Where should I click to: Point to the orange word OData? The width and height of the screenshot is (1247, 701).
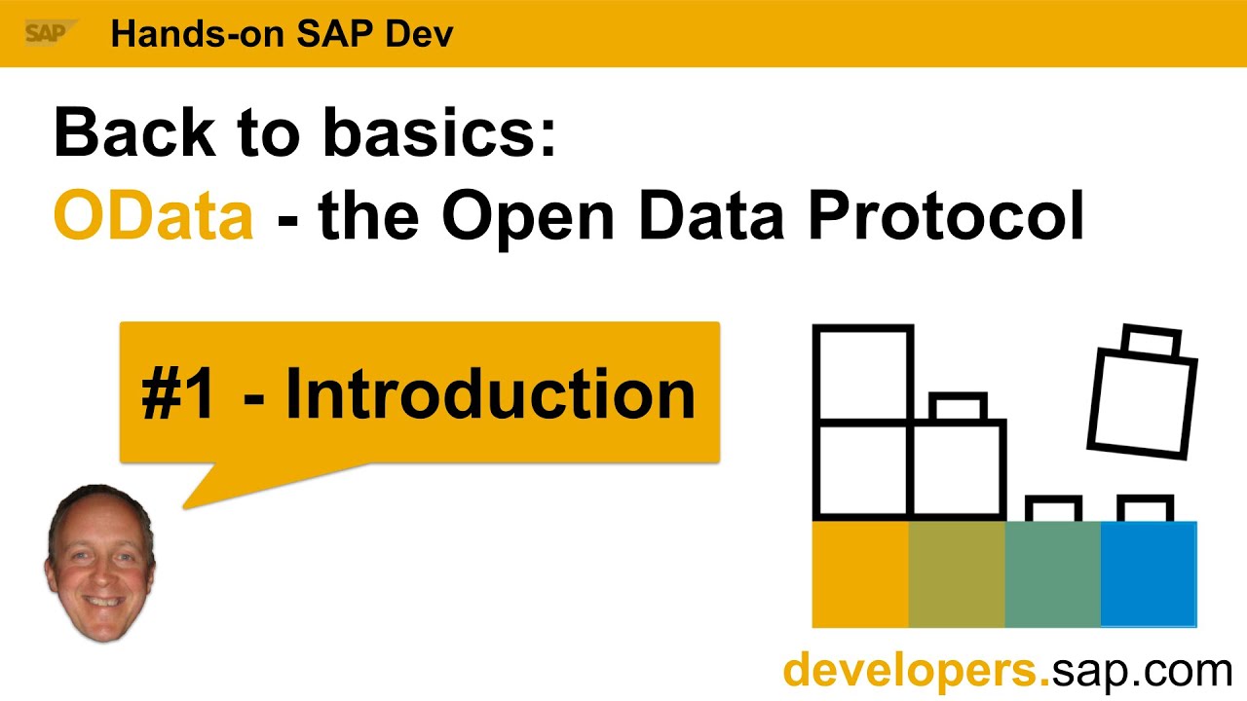tap(153, 216)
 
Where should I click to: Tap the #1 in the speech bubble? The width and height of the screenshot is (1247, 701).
tap(178, 394)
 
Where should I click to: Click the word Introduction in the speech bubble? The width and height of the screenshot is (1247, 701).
tap(490, 394)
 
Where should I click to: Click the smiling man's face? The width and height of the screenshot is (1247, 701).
tap(99, 563)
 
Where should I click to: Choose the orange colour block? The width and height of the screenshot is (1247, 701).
tap(860, 574)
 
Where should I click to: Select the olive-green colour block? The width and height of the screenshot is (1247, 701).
tap(956, 574)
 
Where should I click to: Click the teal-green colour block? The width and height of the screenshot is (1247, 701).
tap(1052, 574)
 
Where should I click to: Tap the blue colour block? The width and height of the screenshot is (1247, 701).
tap(1148, 574)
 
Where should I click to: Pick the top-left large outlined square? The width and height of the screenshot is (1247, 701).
tap(863, 374)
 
